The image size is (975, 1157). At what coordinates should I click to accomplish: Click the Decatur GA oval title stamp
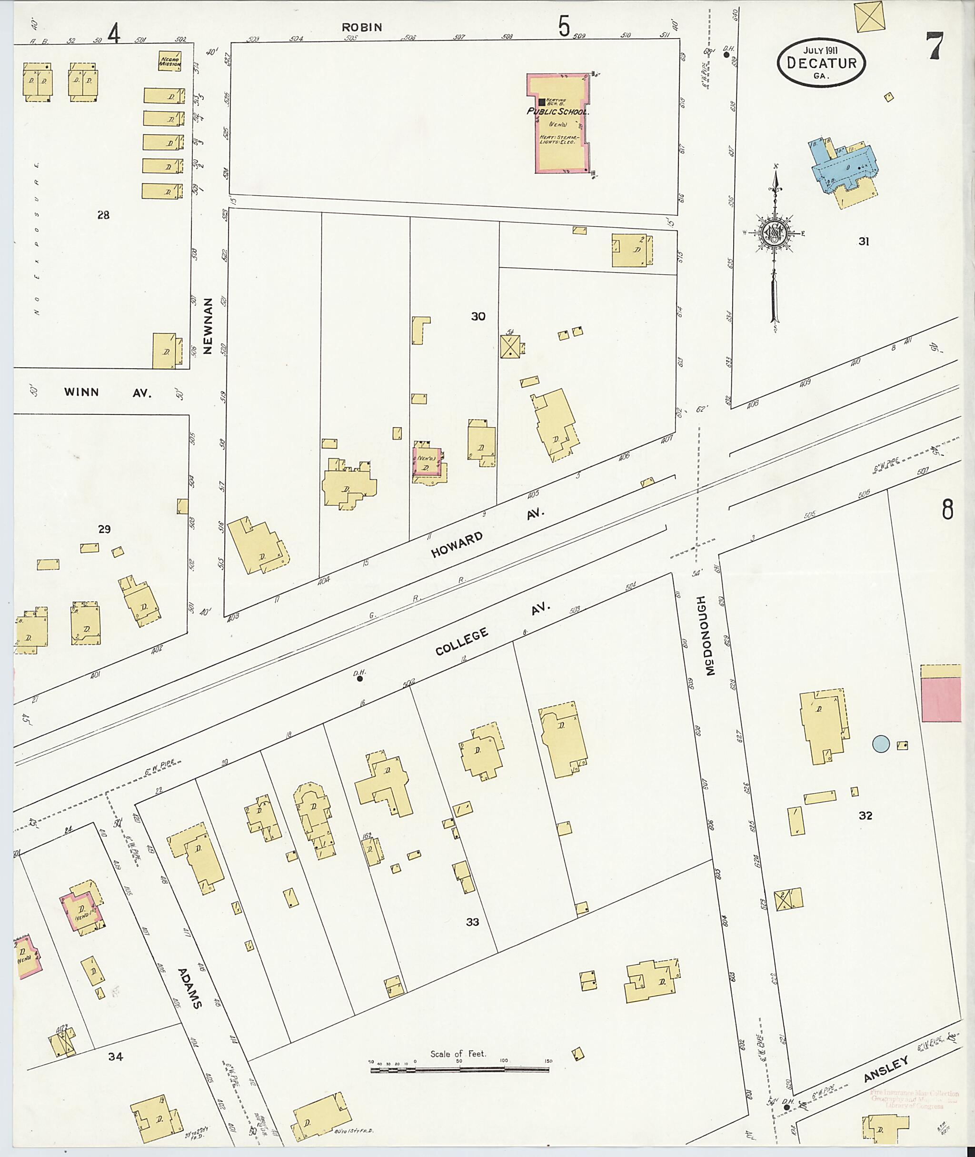coord(821,63)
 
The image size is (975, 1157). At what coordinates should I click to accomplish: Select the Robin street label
coord(361,27)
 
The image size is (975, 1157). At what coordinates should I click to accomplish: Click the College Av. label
coord(491,629)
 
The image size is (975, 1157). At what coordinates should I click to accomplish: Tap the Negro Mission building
coord(169,61)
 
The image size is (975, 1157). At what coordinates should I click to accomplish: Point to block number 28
coord(103,215)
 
